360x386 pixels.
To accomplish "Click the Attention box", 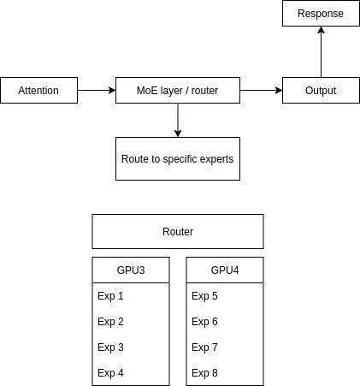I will point(38,90).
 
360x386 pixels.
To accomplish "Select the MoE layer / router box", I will point(178,90).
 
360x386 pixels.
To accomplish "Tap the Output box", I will point(321,90).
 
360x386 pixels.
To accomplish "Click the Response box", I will point(321,14).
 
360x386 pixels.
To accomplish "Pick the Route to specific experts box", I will point(178,158).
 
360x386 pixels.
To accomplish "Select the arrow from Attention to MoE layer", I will point(96,90).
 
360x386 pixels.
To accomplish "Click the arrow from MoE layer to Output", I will point(261,90).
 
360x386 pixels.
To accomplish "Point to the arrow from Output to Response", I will point(321,51).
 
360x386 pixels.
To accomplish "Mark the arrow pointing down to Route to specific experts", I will point(178,120).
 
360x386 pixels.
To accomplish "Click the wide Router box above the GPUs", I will point(178,231).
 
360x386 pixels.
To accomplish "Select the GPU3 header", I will point(131,270).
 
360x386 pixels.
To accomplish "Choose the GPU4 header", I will point(225,270).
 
